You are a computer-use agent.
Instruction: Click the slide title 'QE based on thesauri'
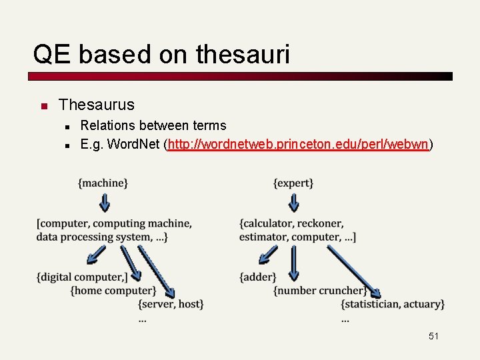pos(161,54)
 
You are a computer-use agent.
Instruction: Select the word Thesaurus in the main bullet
pos(96,105)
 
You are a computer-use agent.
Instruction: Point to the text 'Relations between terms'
pos(153,125)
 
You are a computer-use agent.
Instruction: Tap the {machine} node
pos(103,183)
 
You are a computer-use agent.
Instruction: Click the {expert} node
pos(293,183)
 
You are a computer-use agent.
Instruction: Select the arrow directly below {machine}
pos(103,202)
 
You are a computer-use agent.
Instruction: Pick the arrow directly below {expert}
pos(293,202)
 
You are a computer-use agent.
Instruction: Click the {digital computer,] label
pos(82,277)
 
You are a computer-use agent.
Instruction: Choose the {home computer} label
pos(113,290)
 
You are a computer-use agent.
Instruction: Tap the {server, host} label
pos(171,304)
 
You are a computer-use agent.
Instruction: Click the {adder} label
pos(257,277)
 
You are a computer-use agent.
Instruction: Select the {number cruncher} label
pos(320,290)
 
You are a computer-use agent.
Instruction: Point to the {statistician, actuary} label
pos(393,304)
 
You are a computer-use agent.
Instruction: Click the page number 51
pos(433,337)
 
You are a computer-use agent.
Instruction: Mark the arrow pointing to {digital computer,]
pos(96,255)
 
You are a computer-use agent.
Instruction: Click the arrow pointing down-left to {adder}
pos(268,255)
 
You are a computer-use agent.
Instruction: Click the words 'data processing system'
pos(93,237)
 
